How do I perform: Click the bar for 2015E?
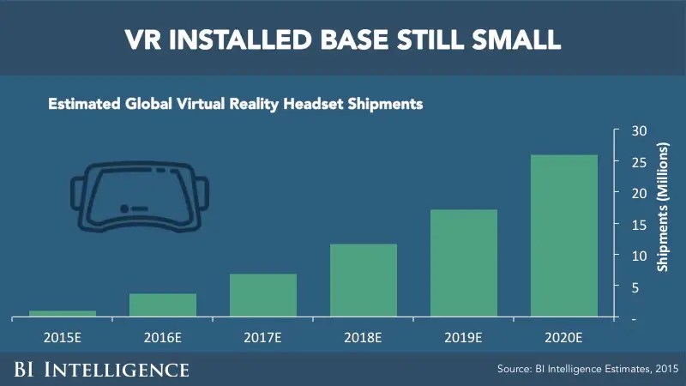point(63,314)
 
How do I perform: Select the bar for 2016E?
point(163,305)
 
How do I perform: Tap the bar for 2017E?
point(263,296)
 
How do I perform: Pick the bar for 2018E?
point(364,280)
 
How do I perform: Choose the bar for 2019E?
point(464,263)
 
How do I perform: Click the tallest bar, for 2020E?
point(564,236)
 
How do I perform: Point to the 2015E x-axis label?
point(63,336)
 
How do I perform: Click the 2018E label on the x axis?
point(364,336)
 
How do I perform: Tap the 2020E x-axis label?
point(564,336)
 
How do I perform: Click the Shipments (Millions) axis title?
point(663,224)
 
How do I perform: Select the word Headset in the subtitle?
point(322,105)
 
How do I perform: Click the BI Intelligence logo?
point(100,370)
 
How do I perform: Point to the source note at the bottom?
point(587,370)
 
